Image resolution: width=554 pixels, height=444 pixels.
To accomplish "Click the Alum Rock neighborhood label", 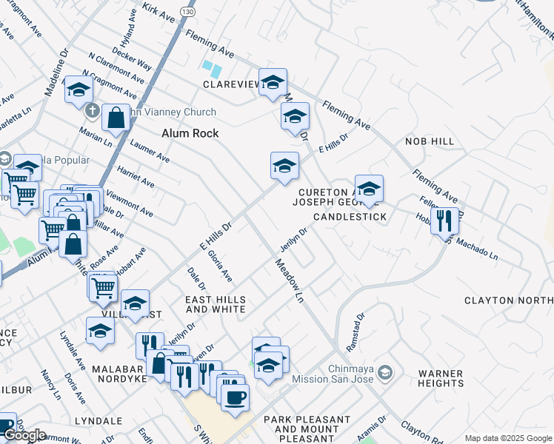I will tap(190, 133).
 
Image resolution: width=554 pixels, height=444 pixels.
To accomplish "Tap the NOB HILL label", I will tap(430, 141).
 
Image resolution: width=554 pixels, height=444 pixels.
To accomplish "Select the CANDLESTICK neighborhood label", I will tap(350, 217).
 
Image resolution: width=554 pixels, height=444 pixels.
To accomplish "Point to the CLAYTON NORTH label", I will tap(508, 300).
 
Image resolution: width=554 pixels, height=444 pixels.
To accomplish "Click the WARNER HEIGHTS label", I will tap(440, 378).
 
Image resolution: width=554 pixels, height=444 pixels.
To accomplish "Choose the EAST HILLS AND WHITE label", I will tap(215, 304).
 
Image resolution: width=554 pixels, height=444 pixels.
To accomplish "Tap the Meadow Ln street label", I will tap(290, 281).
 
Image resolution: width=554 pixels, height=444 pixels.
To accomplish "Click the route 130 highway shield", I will tap(188, 13).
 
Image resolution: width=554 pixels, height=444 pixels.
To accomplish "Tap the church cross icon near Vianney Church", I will tap(93, 112).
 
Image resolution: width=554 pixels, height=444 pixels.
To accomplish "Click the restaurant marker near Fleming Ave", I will tap(444, 221).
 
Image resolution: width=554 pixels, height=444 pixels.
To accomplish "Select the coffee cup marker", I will tap(235, 398).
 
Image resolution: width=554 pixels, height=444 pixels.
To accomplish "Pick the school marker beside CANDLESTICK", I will tap(369, 189).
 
